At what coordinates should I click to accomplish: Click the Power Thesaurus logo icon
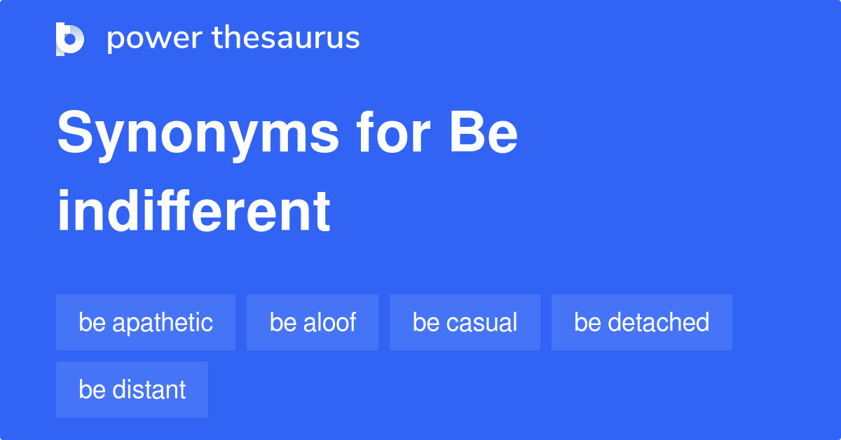70,39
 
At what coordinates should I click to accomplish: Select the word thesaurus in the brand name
286,39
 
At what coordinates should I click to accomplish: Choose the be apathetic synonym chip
146,322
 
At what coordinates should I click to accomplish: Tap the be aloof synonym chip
313,322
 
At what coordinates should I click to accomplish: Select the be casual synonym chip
465,322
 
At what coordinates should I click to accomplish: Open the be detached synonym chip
641,322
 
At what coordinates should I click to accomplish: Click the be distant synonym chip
132,390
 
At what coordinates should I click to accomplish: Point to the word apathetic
162,323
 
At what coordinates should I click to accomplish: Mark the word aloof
329,322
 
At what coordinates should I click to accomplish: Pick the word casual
481,322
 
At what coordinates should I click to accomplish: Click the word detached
658,322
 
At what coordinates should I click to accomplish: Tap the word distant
149,390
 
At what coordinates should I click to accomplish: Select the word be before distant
91,390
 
